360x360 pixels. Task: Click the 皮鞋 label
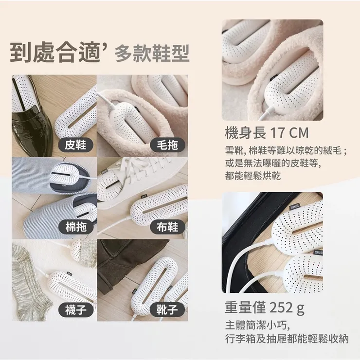75,144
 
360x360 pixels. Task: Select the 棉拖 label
75,226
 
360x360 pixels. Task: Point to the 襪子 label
75,309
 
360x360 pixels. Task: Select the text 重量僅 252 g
265,308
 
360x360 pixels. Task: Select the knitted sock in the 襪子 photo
29,282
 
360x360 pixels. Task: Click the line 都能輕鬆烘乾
253,176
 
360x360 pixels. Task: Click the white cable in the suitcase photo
251,263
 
